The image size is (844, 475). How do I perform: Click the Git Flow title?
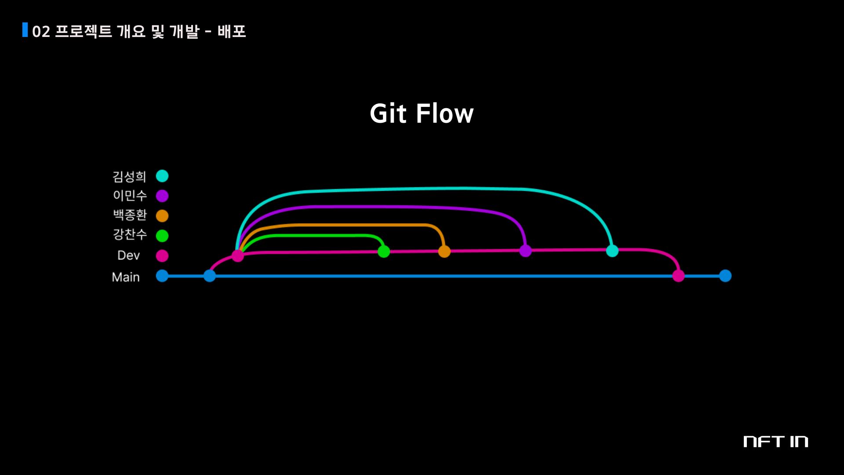(x=422, y=113)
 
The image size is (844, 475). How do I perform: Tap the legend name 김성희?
(x=129, y=176)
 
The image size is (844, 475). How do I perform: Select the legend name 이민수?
(x=130, y=195)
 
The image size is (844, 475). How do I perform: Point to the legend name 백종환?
(x=130, y=215)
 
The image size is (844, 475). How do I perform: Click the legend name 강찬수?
(x=130, y=234)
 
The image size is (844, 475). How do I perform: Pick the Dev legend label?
(x=128, y=256)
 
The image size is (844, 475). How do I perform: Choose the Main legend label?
(x=126, y=277)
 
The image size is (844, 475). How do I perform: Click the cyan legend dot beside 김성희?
(x=162, y=176)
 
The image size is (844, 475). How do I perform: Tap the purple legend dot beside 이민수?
(x=162, y=196)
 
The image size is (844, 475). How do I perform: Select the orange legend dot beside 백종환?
(x=162, y=216)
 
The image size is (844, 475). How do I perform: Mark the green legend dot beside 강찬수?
(x=162, y=236)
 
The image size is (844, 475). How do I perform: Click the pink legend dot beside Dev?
(x=162, y=256)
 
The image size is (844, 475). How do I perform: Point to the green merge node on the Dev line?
(x=384, y=252)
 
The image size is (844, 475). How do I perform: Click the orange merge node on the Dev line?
(x=444, y=252)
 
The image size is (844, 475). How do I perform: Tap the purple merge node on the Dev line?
(x=525, y=251)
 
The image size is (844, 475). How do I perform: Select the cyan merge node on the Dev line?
(x=612, y=251)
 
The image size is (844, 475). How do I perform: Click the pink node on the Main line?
(x=678, y=276)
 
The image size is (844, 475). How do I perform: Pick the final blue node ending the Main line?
(x=725, y=276)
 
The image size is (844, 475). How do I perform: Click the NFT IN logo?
(x=775, y=442)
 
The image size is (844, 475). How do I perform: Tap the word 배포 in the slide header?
(x=232, y=31)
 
